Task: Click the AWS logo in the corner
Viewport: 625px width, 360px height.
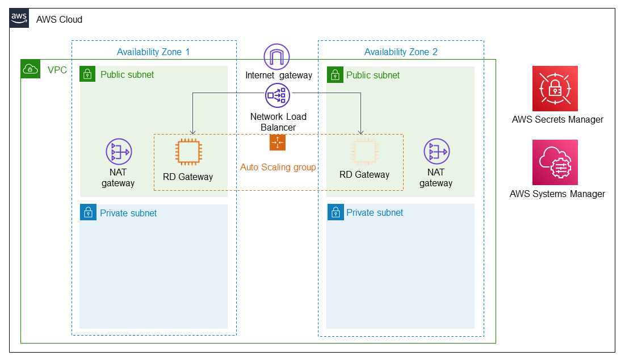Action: click(19, 18)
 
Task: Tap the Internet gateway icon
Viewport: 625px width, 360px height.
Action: click(277, 57)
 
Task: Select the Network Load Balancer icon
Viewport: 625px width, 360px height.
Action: click(277, 96)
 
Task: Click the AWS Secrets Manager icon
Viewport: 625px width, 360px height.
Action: click(555, 88)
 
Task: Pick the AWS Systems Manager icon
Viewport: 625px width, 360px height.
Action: click(555, 162)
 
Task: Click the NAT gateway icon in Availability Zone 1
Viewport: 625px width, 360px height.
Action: click(118, 152)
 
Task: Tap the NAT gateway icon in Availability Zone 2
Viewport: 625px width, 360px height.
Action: click(436, 152)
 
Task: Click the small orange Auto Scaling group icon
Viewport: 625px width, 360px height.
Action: click(278, 143)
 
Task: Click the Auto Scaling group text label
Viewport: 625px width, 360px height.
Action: click(278, 168)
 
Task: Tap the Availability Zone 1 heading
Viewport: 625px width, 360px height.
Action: click(153, 52)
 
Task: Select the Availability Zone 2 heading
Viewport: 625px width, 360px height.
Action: click(401, 52)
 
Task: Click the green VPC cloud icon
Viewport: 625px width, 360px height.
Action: click(30, 69)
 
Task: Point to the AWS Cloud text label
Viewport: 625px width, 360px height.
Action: click(59, 20)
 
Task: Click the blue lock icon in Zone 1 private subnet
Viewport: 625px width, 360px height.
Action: click(88, 213)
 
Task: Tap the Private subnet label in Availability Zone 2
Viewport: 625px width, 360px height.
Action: click(375, 213)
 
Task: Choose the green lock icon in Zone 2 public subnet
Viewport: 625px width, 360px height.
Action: click(335, 74)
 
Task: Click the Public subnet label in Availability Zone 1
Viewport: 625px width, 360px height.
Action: click(127, 74)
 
